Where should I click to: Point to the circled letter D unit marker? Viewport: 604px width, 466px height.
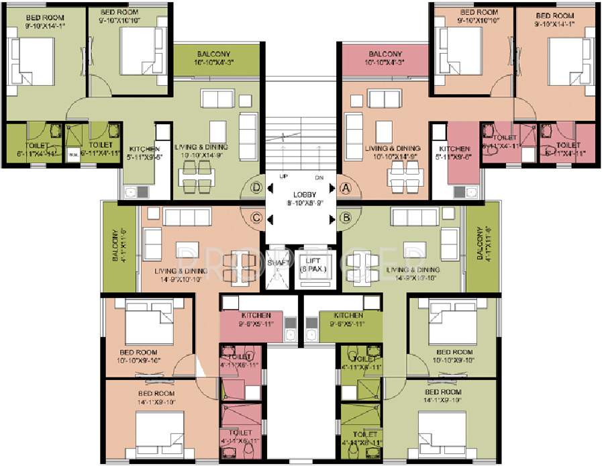[255, 188]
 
